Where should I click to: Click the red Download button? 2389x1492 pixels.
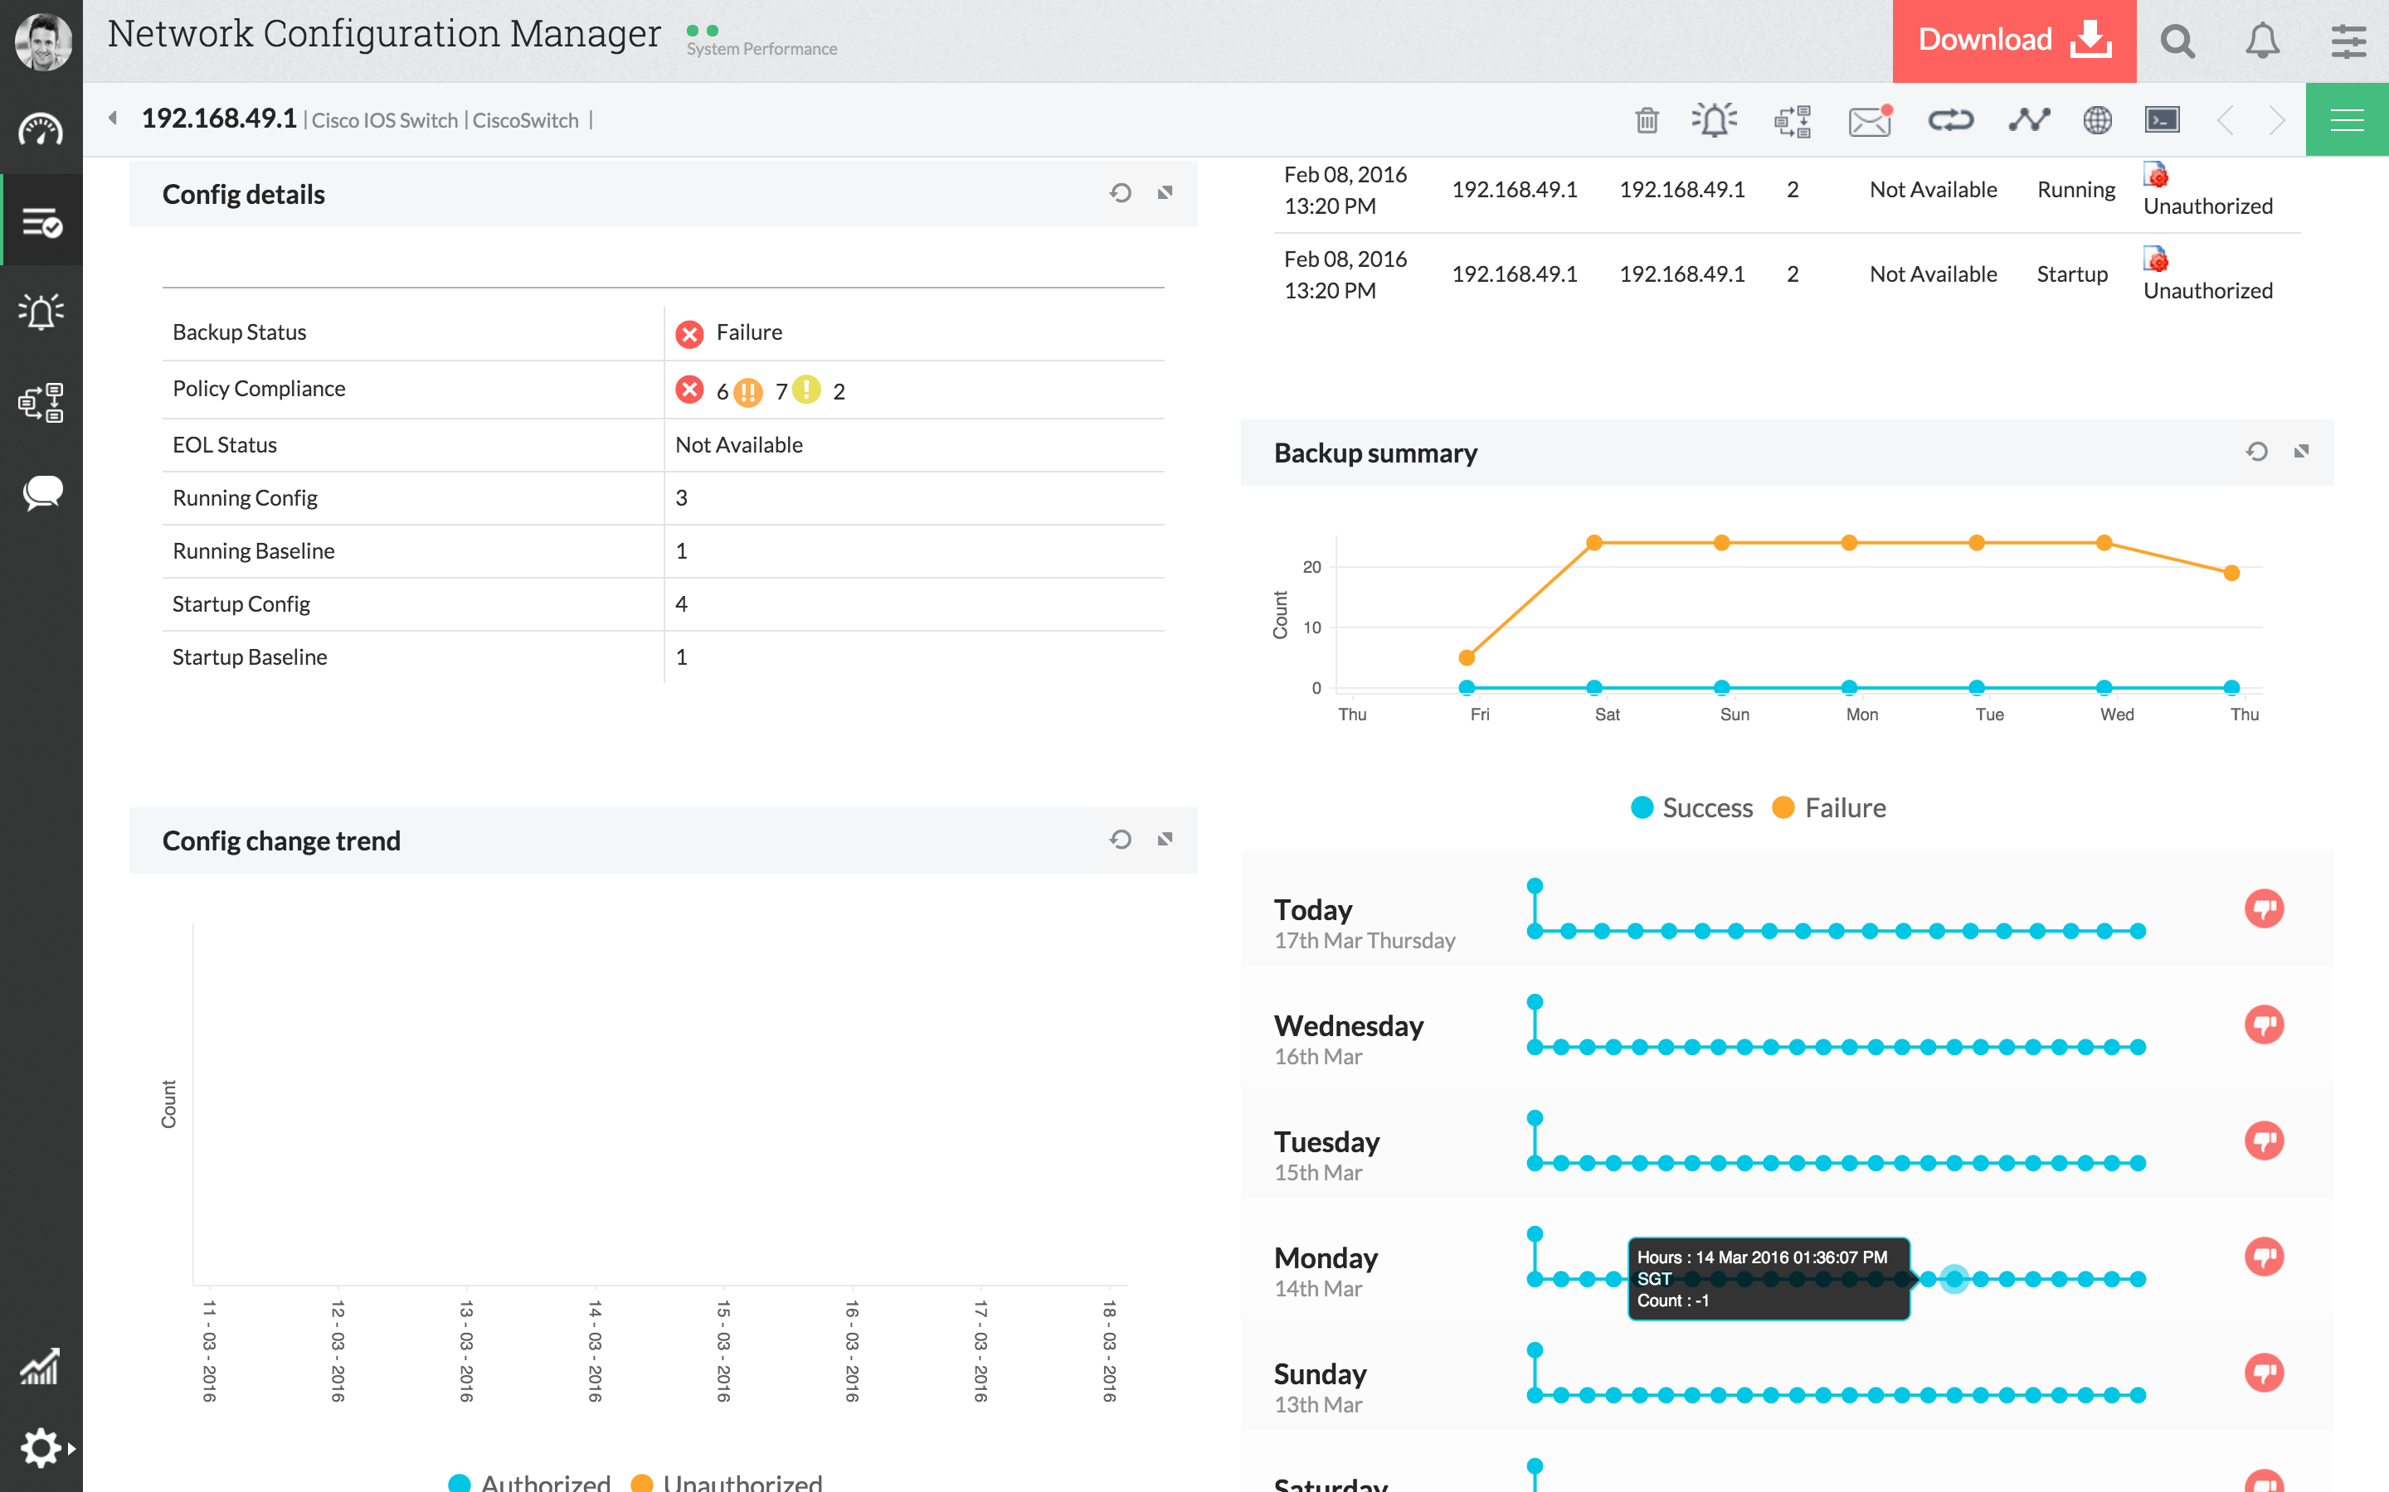coord(2013,41)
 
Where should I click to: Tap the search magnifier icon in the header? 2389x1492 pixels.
coord(2177,41)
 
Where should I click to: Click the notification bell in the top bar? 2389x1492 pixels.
coord(2261,41)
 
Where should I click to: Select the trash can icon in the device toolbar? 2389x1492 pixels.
coord(1647,120)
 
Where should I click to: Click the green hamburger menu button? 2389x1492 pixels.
coord(2347,120)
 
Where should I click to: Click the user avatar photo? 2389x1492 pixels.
coord(41,41)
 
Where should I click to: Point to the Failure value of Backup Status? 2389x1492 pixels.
coord(748,332)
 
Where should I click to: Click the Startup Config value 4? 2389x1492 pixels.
coord(681,604)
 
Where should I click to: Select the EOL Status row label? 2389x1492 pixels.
coord(224,445)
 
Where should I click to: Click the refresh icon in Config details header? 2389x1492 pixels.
coord(1120,193)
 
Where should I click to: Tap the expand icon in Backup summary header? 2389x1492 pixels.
coord(2301,452)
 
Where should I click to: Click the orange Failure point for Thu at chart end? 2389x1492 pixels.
coord(2231,574)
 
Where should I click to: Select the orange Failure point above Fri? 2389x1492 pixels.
coord(1467,658)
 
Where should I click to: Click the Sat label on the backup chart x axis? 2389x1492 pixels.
coord(1606,715)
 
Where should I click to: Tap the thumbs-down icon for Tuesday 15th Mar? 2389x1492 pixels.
coord(2264,1141)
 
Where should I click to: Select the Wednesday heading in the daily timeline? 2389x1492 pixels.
coord(1349,1026)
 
